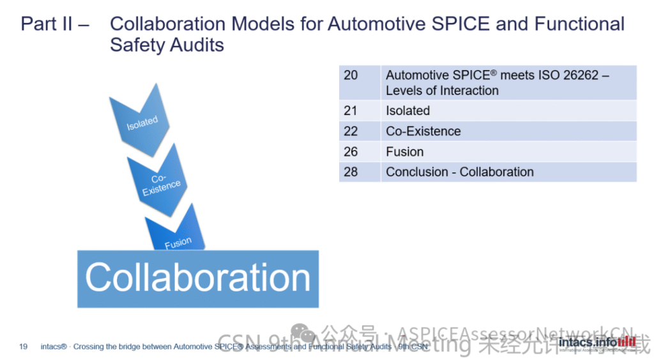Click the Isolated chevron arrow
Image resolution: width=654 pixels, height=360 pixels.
tap(141, 123)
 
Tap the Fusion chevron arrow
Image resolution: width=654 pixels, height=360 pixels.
tap(177, 236)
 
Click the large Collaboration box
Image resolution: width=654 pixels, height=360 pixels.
tap(198, 278)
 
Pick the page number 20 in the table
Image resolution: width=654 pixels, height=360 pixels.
tap(351, 75)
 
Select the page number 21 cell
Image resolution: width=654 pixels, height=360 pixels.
tap(351, 110)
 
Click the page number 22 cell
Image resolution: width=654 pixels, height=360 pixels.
tap(351, 131)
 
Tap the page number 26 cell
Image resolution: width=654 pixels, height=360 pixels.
tap(351, 151)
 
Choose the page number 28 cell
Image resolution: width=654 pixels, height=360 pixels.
tap(351, 172)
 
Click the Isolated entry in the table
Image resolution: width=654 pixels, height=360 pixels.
tap(407, 110)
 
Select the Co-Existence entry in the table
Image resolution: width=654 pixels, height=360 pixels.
tap(423, 131)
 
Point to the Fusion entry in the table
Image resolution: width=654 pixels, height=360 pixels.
tap(404, 151)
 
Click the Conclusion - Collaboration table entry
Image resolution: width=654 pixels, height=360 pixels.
tap(459, 172)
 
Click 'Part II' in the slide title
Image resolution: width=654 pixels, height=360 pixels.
tap(44, 24)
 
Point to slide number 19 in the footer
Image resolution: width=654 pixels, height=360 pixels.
tap(24, 347)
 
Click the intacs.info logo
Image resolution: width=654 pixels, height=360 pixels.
tap(597, 343)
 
